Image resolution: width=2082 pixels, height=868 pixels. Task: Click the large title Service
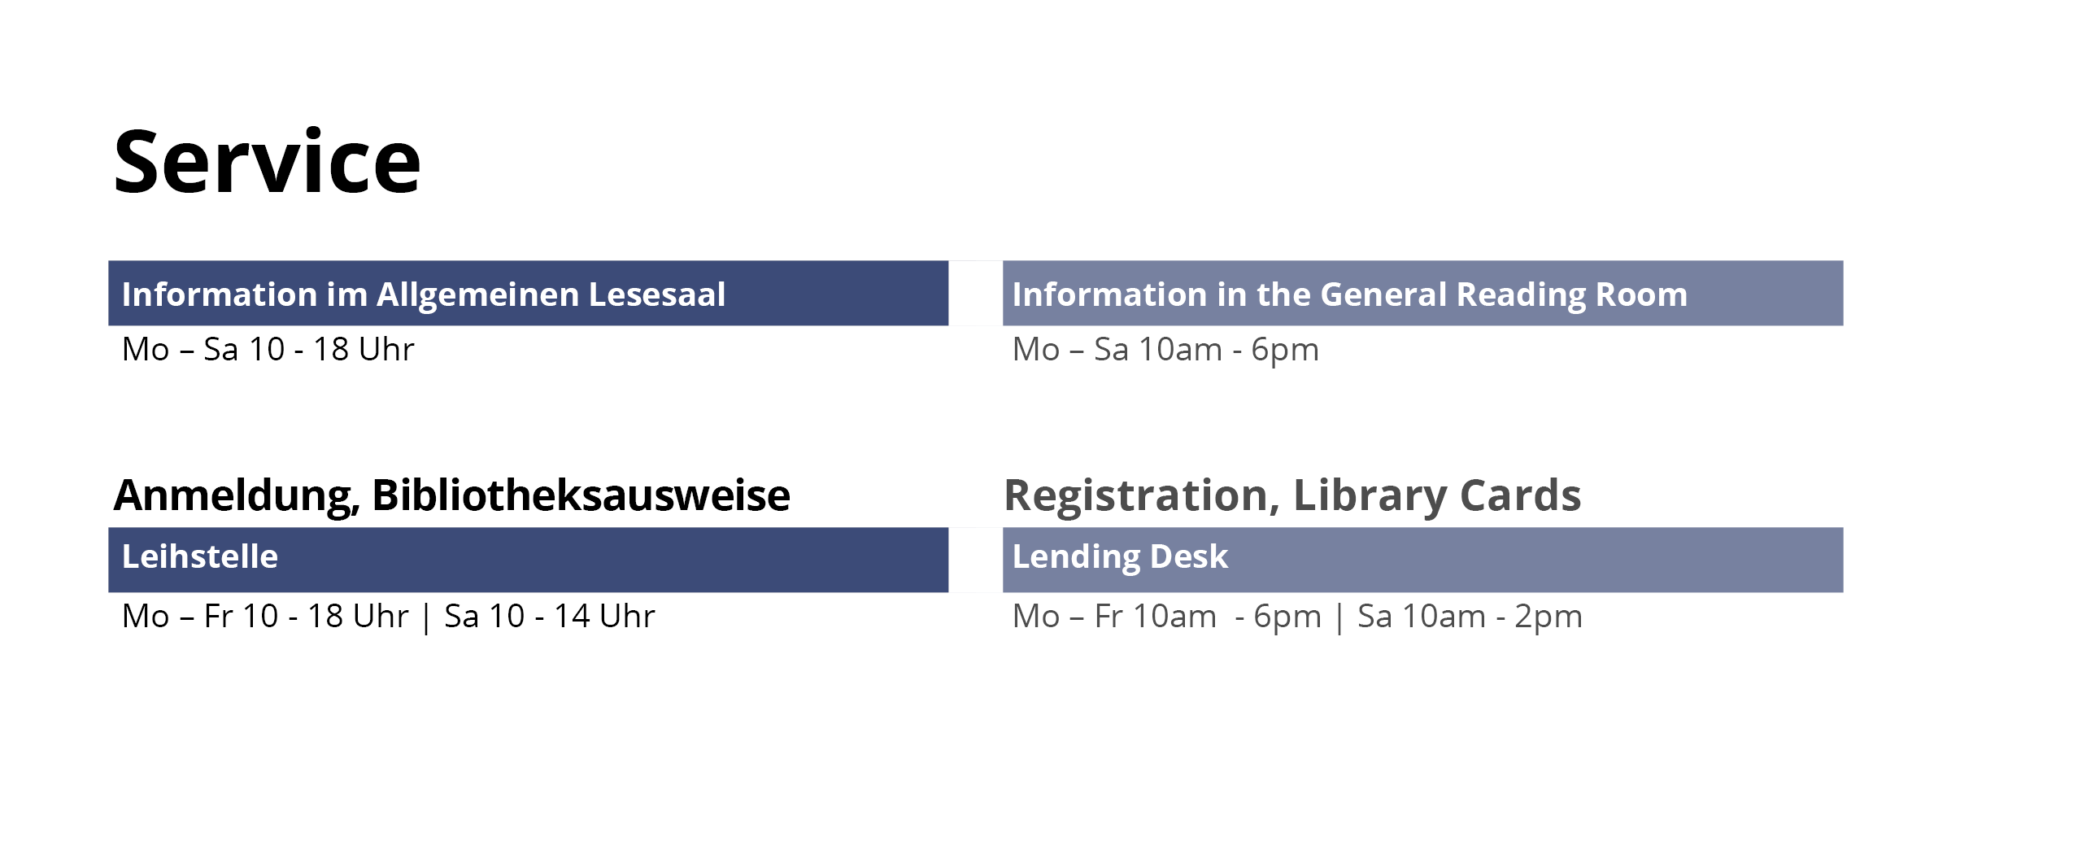(x=267, y=162)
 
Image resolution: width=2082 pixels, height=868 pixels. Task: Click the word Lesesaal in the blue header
(x=657, y=294)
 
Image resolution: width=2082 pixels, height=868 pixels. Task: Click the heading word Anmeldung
(x=237, y=495)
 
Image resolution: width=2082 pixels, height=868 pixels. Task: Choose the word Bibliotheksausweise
(x=581, y=495)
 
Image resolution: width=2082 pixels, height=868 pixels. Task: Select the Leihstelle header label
(x=200, y=556)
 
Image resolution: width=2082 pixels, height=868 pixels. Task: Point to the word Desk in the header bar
(x=1189, y=556)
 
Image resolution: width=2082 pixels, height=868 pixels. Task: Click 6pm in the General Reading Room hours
(x=1285, y=351)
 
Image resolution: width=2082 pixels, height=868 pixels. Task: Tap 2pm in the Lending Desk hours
(x=1548, y=617)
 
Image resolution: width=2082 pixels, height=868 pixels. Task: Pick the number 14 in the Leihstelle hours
(x=572, y=616)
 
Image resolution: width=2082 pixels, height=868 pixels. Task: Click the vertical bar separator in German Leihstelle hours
(x=426, y=617)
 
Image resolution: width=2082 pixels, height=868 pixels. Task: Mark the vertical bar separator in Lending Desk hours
(x=1339, y=617)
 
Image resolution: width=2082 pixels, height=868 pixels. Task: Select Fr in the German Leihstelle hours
(x=218, y=616)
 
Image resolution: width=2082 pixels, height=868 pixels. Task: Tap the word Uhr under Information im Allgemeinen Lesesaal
(x=387, y=349)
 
